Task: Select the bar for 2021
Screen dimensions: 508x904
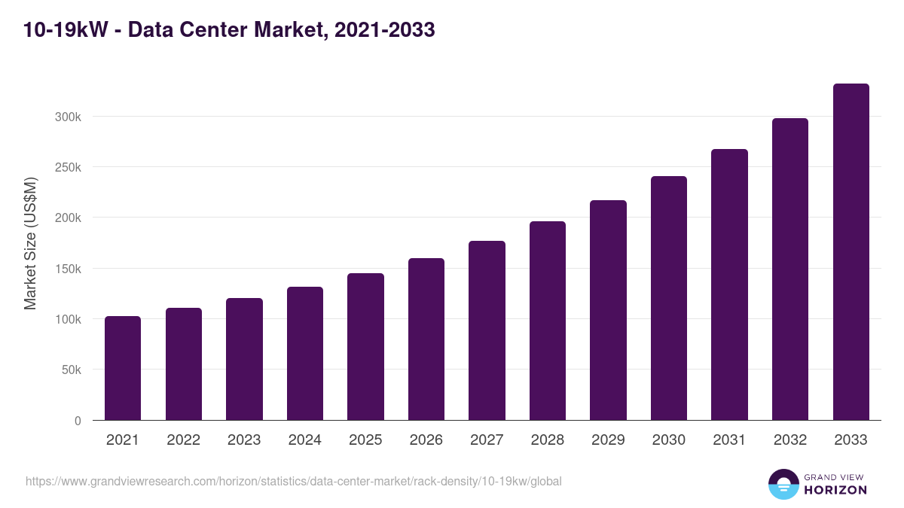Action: (x=123, y=368)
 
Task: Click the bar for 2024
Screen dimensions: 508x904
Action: (x=304, y=354)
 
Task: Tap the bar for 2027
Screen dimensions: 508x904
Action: (x=487, y=330)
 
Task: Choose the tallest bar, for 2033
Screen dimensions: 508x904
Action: (x=851, y=252)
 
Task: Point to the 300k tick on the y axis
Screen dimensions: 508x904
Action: (x=67, y=117)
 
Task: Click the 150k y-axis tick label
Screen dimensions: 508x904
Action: (x=67, y=269)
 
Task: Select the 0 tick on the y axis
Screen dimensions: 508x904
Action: (x=77, y=421)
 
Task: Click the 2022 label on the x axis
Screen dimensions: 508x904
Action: (x=183, y=440)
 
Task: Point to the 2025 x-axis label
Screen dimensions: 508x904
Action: (x=365, y=440)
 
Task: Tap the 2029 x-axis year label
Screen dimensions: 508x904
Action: (x=608, y=440)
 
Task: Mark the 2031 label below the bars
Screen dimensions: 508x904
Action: (x=729, y=440)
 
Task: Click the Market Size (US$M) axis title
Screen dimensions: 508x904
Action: (x=30, y=243)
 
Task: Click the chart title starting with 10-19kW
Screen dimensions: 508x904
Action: (x=230, y=30)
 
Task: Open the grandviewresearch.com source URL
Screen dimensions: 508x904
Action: (x=294, y=481)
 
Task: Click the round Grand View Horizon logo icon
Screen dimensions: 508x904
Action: (x=783, y=484)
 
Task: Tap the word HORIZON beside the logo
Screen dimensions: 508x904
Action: (x=835, y=490)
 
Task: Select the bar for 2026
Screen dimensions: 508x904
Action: (x=426, y=339)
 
